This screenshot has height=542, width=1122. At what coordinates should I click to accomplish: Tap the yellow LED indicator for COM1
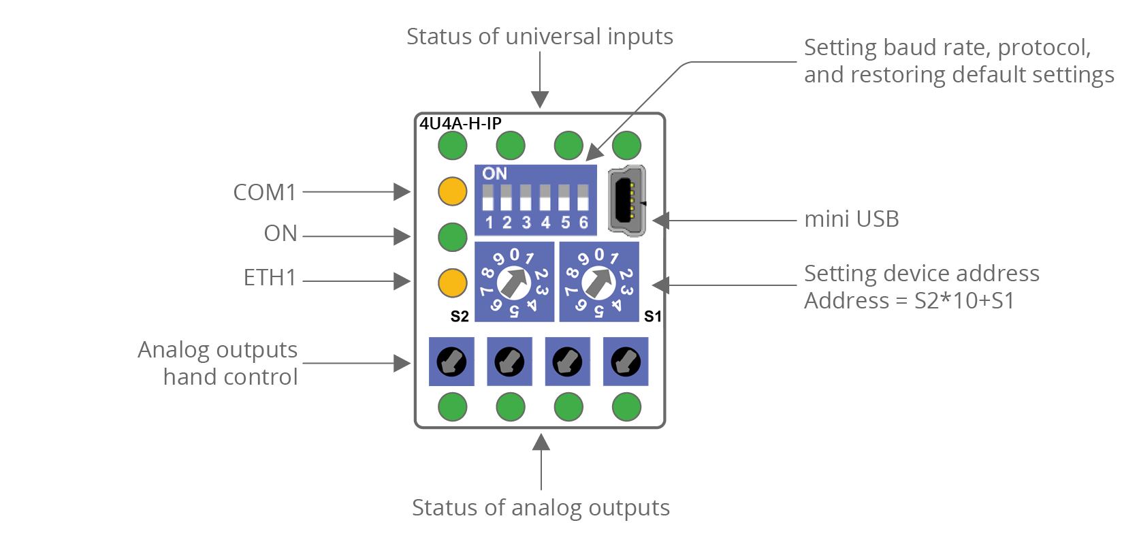tap(452, 191)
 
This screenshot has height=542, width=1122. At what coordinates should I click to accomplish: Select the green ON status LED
tap(452, 237)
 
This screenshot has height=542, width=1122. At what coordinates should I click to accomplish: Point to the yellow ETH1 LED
tap(452, 283)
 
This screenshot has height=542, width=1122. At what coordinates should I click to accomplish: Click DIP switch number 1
tap(488, 198)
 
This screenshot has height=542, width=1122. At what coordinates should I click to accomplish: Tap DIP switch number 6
tap(583, 198)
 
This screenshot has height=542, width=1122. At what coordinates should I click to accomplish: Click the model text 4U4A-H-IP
tap(460, 123)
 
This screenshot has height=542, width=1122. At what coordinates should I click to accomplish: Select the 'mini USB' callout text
tap(851, 219)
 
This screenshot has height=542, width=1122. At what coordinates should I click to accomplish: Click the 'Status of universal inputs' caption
tap(539, 37)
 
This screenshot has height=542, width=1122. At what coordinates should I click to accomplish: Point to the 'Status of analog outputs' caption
tap(541, 508)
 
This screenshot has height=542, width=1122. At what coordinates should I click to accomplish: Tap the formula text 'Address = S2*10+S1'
tap(909, 301)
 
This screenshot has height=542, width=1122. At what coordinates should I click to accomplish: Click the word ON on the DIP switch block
tap(495, 174)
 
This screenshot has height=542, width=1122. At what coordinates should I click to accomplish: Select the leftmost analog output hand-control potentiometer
tap(451, 362)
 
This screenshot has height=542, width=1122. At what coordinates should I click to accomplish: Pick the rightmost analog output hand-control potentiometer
tap(626, 362)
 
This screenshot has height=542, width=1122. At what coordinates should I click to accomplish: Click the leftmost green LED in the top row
tap(452, 145)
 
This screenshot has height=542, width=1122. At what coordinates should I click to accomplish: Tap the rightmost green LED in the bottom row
tap(626, 407)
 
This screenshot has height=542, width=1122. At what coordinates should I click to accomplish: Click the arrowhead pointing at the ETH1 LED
tap(403, 281)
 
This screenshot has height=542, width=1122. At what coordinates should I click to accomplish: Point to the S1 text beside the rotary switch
tap(652, 316)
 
